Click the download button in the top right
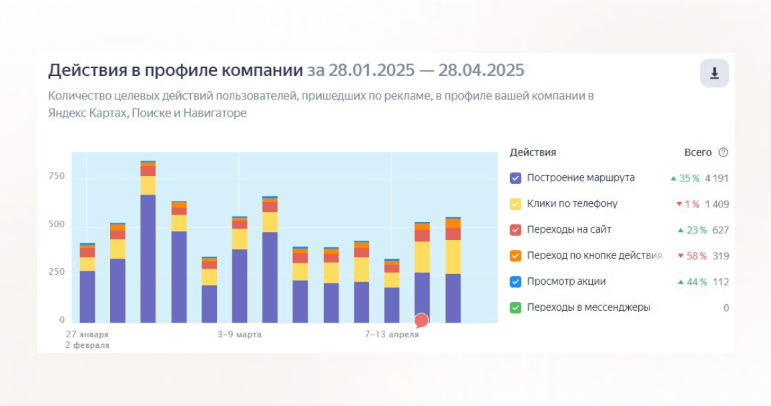(714, 73)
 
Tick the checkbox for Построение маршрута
(515, 178)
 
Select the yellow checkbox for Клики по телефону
(515, 204)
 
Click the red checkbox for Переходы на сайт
(515, 230)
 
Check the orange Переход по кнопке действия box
(515, 256)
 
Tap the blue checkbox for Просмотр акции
(515, 282)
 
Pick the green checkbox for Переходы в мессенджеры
(515, 308)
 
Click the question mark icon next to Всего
(723, 153)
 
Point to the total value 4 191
(716, 178)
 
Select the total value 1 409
(716, 204)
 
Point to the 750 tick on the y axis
(57, 177)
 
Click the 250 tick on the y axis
(57, 273)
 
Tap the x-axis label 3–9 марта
(240, 334)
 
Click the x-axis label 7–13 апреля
(392, 334)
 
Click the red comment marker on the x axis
(421, 321)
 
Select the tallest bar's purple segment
(148, 259)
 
